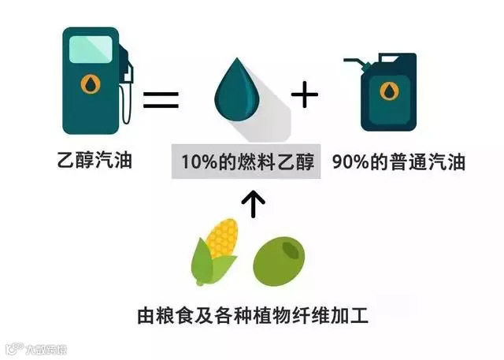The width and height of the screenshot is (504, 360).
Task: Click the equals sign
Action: tap(161, 99)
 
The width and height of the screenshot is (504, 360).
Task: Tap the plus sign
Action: tap(304, 96)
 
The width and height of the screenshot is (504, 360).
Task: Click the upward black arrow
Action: tap(254, 204)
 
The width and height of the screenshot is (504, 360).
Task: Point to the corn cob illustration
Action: tap(214, 251)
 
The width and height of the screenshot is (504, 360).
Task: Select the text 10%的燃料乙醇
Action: tap(247, 164)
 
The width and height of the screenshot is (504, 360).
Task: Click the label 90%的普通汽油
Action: tap(398, 164)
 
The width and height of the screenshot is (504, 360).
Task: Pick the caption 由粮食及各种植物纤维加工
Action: tap(252, 316)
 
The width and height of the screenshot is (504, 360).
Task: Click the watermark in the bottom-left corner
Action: tap(36, 347)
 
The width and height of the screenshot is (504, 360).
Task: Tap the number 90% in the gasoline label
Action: tap(347, 164)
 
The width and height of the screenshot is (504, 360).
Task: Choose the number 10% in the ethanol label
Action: tap(196, 164)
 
